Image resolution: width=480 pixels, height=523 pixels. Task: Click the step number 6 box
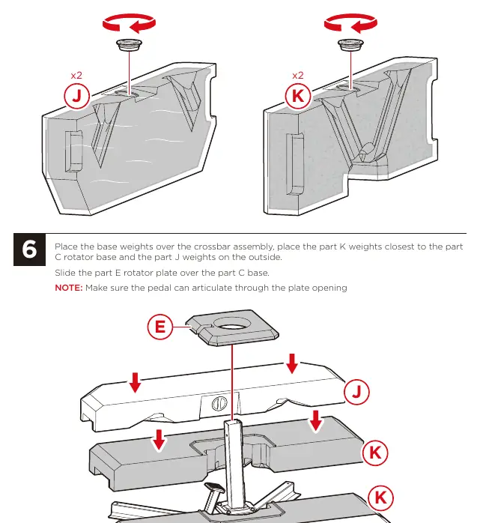coord(29,250)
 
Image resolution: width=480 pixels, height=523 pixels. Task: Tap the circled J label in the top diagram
coord(76,97)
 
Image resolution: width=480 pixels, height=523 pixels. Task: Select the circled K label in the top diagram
coord(298,97)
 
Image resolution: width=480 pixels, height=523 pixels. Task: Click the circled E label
coord(160,327)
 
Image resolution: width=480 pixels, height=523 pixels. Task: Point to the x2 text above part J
coord(76,76)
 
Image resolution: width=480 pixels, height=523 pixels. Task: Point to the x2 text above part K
coord(298,76)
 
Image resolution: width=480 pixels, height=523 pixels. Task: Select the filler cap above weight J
coord(130,45)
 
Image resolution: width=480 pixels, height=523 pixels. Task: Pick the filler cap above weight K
coord(350,45)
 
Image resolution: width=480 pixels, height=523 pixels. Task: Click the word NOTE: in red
coord(69,288)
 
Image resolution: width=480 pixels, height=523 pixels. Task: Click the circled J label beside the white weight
coord(356,392)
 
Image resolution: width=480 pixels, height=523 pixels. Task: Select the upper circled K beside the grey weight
coord(375,453)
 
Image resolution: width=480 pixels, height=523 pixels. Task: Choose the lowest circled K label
coord(380,498)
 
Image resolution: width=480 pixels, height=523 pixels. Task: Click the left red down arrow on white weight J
coord(135,383)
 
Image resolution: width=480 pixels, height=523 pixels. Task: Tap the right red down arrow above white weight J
coord(292,363)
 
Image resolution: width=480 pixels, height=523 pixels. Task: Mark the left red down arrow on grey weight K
coord(159,440)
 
